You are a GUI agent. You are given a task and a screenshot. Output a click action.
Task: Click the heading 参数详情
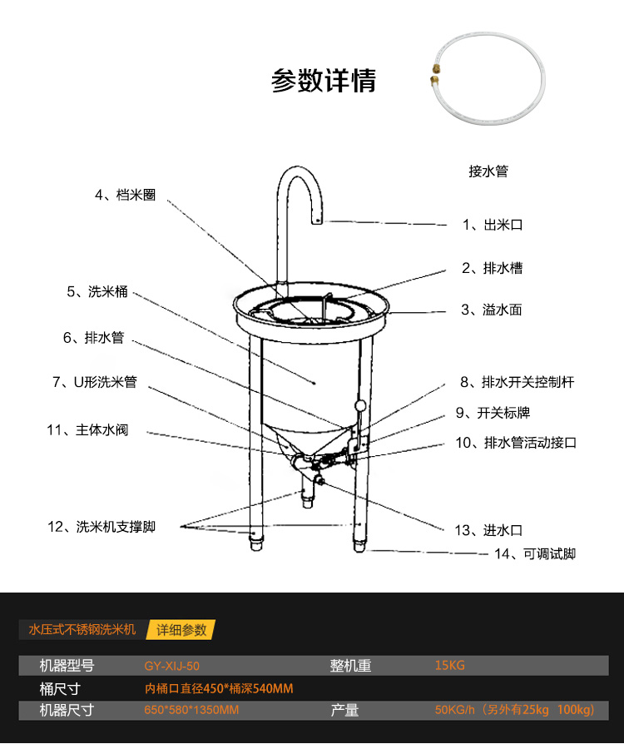pyautogui.click(x=323, y=81)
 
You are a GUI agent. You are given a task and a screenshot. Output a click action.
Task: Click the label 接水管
pyautogui.click(x=488, y=171)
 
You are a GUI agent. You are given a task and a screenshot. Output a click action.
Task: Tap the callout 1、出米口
pyautogui.click(x=493, y=225)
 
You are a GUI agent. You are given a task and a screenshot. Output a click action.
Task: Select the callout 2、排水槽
pyautogui.click(x=493, y=268)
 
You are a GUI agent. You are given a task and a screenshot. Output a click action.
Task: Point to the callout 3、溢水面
pyautogui.click(x=492, y=310)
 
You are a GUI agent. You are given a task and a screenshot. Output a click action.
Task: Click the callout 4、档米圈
pyautogui.click(x=125, y=195)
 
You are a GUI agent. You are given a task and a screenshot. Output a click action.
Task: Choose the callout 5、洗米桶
pyautogui.click(x=97, y=292)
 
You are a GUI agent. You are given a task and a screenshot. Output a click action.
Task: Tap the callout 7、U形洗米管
pyautogui.click(x=94, y=382)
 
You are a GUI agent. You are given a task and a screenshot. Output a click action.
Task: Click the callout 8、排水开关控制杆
pyautogui.click(x=517, y=382)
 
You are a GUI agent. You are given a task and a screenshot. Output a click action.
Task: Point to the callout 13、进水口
pyautogui.click(x=489, y=530)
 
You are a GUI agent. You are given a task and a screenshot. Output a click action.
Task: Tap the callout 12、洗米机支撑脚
pyautogui.click(x=102, y=527)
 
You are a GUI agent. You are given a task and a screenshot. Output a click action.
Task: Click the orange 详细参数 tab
pyautogui.click(x=181, y=629)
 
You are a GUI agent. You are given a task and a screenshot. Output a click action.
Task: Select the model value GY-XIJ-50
pyautogui.click(x=172, y=666)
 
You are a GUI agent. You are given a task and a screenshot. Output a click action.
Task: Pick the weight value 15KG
pyautogui.click(x=449, y=666)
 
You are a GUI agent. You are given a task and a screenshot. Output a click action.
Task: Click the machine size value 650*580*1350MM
pyautogui.click(x=191, y=710)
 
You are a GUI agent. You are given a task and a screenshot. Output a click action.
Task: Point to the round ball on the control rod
pyautogui.click(x=359, y=406)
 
